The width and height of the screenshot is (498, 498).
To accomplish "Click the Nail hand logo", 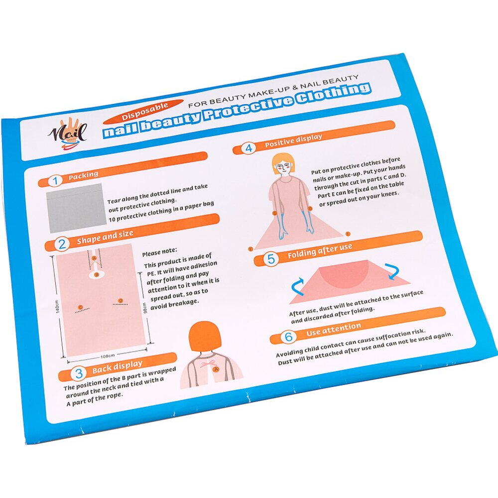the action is (x=68, y=134).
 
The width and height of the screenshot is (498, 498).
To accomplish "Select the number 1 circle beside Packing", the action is (x=55, y=181).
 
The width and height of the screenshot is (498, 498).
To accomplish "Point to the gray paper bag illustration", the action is (x=76, y=208).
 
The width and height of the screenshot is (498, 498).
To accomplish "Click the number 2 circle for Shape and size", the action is (x=62, y=244).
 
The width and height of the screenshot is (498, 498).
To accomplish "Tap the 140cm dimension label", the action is (x=57, y=306).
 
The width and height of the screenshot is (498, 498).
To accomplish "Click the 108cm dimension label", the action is (x=108, y=356).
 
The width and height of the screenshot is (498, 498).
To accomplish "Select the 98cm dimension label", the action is (x=145, y=308).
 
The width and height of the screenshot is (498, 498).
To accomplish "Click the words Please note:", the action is (x=159, y=252).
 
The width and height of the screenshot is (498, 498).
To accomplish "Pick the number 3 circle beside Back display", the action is (x=79, y=373).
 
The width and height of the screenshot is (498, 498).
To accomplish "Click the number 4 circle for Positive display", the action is (x=249, y=148).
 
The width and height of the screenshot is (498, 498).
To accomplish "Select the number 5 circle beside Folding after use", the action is (x=271, y=259).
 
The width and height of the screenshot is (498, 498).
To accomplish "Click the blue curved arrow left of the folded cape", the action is (x=298, y=287).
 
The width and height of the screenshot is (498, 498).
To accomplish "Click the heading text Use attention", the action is (x=334, y=329).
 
